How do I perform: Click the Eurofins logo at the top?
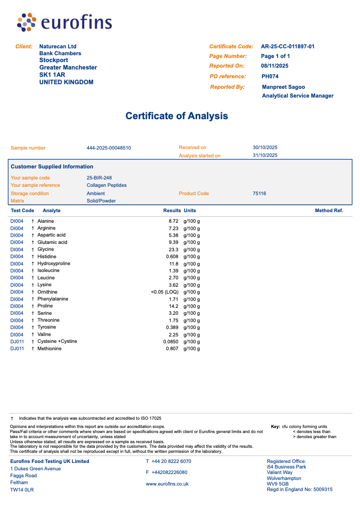[x=64, y=22]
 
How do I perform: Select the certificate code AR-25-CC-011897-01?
[x=288, y=46]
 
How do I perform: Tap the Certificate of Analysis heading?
[x=177, y=116]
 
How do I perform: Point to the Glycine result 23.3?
[x=174, y=249]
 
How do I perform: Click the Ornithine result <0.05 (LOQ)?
[x=164, y=292]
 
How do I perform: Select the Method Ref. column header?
[x=329, y=211]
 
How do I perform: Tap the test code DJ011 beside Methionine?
[x=17, y=349]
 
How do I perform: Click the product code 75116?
[x=259, y=194]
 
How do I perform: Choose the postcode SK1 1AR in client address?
[x=52, y=75]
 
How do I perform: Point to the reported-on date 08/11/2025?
[x=274, y=66]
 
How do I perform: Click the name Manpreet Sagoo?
[x=283, y=87]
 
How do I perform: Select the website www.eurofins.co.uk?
[x=167, y=484]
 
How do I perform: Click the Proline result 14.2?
[x=174, y=306]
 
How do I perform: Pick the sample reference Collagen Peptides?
[x=106, y=185]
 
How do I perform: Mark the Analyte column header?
[x=52, y=211]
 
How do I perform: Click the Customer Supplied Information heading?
[x=52, y=167]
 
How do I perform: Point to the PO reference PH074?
[x=270, y=76]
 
